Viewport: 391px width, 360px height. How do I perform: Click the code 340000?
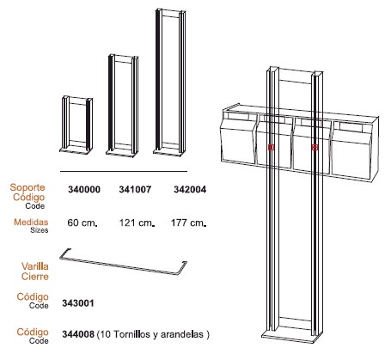pos(84,190)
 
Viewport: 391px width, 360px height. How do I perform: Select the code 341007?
pos(135,190)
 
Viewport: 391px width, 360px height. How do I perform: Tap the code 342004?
pos(190,190)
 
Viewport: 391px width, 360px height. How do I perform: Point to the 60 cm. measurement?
pos(82,223)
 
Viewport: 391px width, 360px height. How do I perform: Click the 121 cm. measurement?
pos(137,223)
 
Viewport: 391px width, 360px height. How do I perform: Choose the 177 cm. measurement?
pos(188,223)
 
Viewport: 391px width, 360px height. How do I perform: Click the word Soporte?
pos(27,187)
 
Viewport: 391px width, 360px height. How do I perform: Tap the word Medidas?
pos(31,222)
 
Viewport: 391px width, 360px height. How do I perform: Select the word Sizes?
pos(40,230)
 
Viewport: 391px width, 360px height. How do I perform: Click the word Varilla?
pos(35,266)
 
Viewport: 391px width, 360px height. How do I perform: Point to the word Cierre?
pos(35,277)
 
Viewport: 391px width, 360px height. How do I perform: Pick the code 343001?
pos(78,303)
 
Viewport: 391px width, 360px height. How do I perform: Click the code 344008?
pos(78,334)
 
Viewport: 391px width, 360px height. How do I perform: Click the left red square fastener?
pos(272,147)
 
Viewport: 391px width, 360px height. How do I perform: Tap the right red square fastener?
pos(315,147)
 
